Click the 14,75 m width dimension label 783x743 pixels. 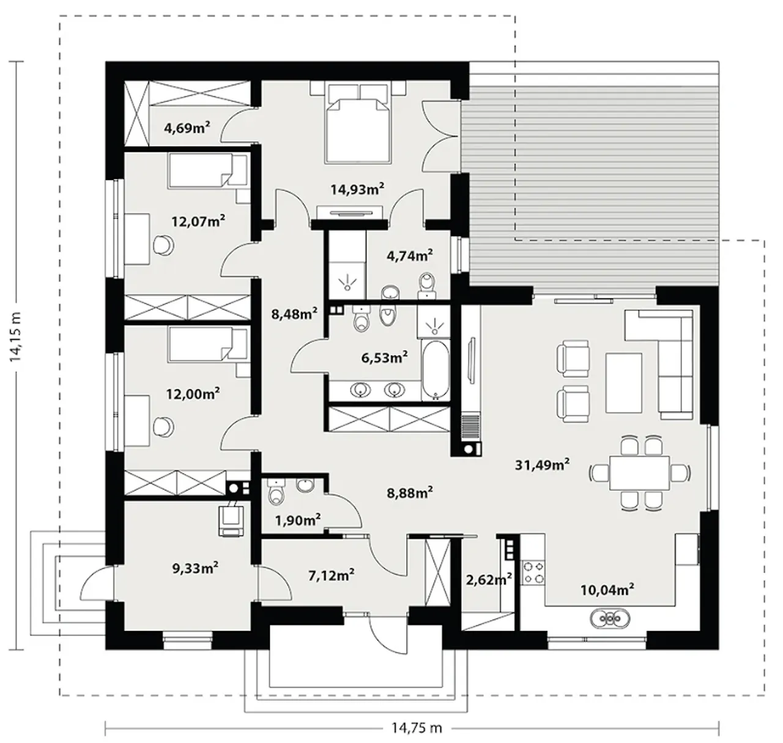pos(417,728)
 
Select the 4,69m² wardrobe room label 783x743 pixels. pos(187,127)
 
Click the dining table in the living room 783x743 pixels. pos(639,473)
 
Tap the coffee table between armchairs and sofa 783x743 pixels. pos(623,383)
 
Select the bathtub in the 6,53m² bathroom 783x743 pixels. pos(436,370)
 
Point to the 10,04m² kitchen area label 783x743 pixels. pos(607,589)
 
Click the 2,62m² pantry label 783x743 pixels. pos(489,580)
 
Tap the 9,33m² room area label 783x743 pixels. pos(195,567)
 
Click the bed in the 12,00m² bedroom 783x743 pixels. pos(208,343)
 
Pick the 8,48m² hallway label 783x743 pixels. pos(294,314)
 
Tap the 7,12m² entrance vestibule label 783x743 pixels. pos(332,575)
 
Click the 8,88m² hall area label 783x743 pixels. pos(410,493)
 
